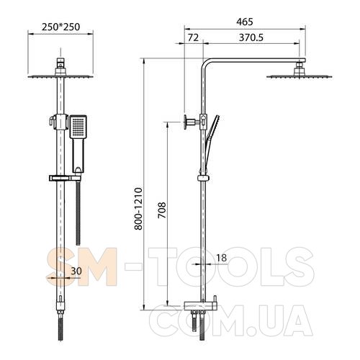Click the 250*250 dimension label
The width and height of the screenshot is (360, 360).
point(60,27)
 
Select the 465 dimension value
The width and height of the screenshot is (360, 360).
point(245,22)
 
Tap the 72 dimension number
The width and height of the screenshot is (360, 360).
point(193,37)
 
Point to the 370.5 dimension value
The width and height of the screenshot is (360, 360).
point(251,37)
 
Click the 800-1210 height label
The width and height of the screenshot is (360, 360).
point(138,209)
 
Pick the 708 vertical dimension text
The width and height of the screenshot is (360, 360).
point(162,210)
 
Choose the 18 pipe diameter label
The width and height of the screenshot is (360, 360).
point(221,258)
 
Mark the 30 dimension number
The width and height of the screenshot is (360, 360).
point(76,271)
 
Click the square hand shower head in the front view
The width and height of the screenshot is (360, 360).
point(78,127)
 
